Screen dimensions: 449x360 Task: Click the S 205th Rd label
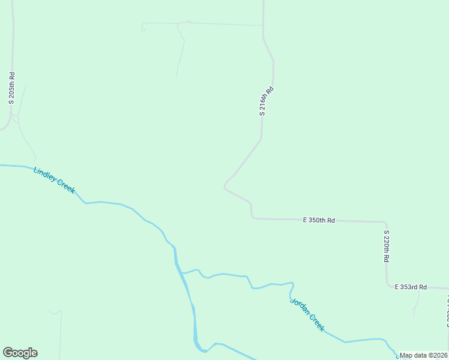pos(11,88)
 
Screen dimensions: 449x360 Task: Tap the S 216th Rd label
pos(267,101)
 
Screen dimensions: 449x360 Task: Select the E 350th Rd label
pos(319,220)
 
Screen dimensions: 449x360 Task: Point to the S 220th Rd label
pos(387,246)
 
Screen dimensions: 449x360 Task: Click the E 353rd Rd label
pos(411,287)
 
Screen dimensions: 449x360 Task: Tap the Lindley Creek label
pos(55,180)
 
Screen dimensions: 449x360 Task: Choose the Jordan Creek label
pos(307,314)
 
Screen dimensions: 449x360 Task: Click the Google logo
pos(20,353)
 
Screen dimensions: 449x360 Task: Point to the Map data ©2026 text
pos(424,355)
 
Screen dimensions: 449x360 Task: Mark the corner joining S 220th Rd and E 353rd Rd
pos(388,286)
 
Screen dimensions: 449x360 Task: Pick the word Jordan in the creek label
pos(299,306)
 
